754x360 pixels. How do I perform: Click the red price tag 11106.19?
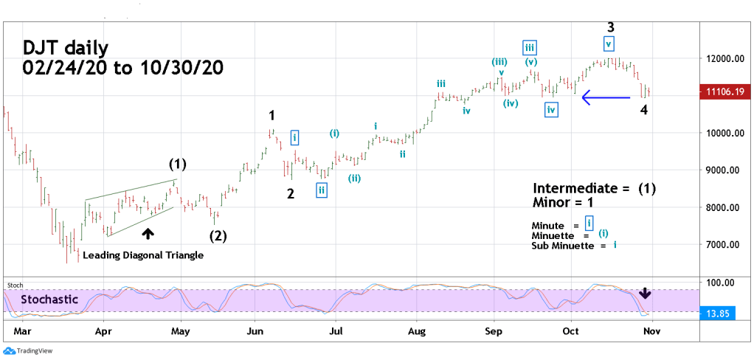tap(723, 91)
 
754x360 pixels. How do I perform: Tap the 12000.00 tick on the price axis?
tap(721, 59)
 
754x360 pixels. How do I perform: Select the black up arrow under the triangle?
tap(148, 233)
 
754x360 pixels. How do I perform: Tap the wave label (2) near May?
tap(218, 236)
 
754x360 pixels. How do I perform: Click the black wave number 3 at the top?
tap(610, 27)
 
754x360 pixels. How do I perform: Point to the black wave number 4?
tap(643, 110)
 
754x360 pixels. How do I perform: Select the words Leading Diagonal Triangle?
tap(143, 255)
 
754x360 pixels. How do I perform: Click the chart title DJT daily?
tap(66, 49)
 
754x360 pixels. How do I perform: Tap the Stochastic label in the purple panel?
tap(50, 300)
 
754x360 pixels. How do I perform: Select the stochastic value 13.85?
tap(721, 314)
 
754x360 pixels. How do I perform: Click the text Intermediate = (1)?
tap(594, 188)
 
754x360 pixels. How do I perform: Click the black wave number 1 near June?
tap(272, 115)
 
